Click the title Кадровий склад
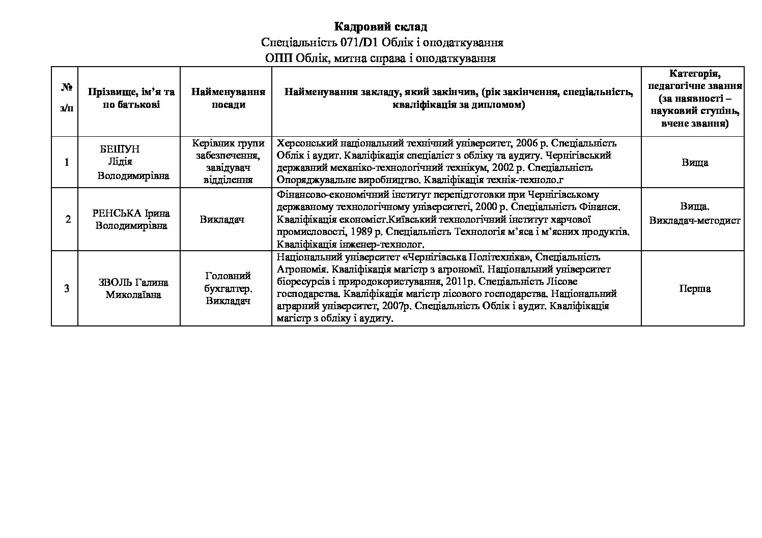(380, 26)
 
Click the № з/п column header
(66, 98)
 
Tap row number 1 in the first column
(66, 163)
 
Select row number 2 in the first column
(68, 220)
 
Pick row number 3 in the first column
(67, 289)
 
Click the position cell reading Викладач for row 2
(222, 220)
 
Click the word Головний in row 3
(228, 276)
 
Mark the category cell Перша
(695, 289)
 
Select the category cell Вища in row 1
(695, 163)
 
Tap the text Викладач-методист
(695, 221)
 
